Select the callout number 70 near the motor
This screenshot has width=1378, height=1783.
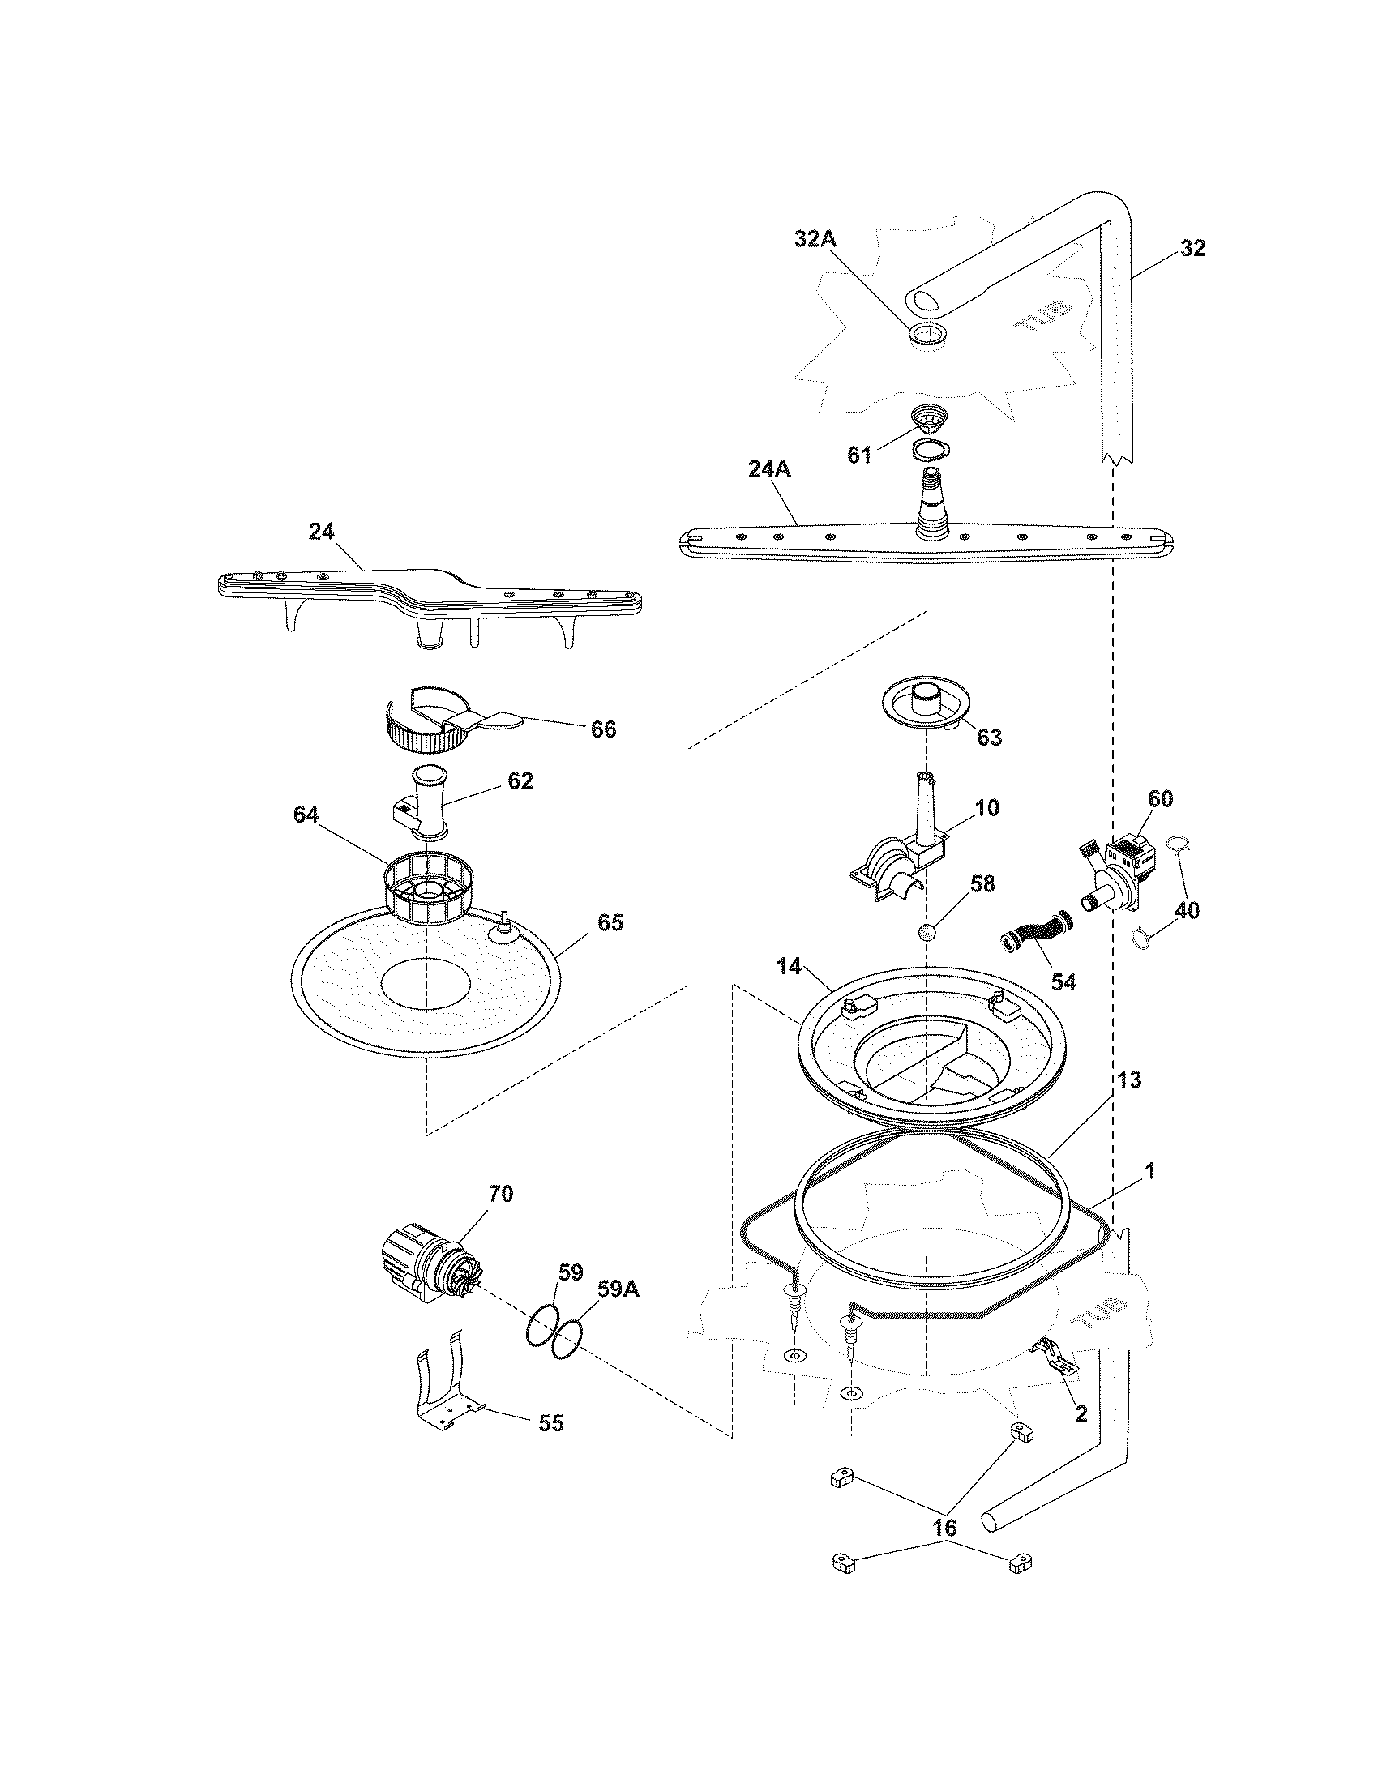click(x=500, y=1194)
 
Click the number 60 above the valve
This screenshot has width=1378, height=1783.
click(x=1160, y=798)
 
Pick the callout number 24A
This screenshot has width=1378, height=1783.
click(x=770, y=469)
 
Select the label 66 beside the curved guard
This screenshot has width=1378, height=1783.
click(x=603, y=729)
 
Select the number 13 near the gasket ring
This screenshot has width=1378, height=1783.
click(x=1129, y=1080)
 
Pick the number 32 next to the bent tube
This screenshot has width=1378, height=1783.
click(x=1192, y=249)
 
